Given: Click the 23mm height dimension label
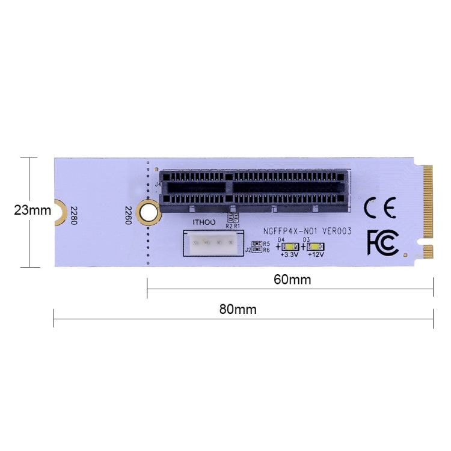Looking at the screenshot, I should pos(32,210).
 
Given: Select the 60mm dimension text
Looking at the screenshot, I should pos(292,280).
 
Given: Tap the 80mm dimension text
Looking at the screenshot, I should pos(238,310).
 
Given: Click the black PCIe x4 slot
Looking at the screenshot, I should pos(253,187).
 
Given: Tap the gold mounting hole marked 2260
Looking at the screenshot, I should pos(148,211).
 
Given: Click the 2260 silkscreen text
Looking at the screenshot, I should pos(127,215).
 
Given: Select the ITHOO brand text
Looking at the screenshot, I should pos(203,222).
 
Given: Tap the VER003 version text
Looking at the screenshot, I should pos(337,231).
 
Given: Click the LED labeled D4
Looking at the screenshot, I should pos(290,247).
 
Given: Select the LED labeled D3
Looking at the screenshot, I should pos(315,247).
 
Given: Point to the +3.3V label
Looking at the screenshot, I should pos(290,255).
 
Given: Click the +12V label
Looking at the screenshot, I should pos(316,255).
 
